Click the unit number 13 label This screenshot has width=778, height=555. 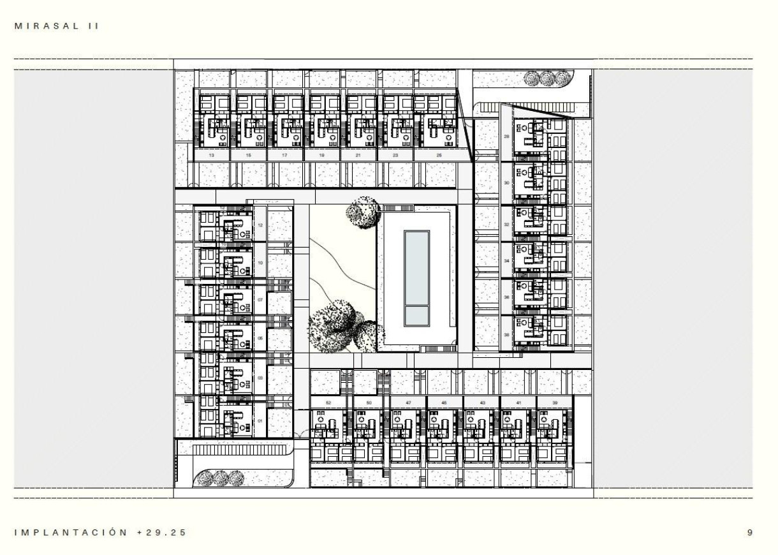coord(211,155)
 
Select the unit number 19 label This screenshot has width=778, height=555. coord(321,155)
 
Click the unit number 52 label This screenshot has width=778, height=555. coord(328,403)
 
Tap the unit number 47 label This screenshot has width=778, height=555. coord(407,403)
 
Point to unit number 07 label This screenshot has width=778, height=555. coord(260,299)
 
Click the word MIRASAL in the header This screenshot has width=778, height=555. coord(50,26)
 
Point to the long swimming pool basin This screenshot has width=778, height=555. coord(417,267)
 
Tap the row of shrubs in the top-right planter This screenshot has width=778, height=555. coord(547,78)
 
